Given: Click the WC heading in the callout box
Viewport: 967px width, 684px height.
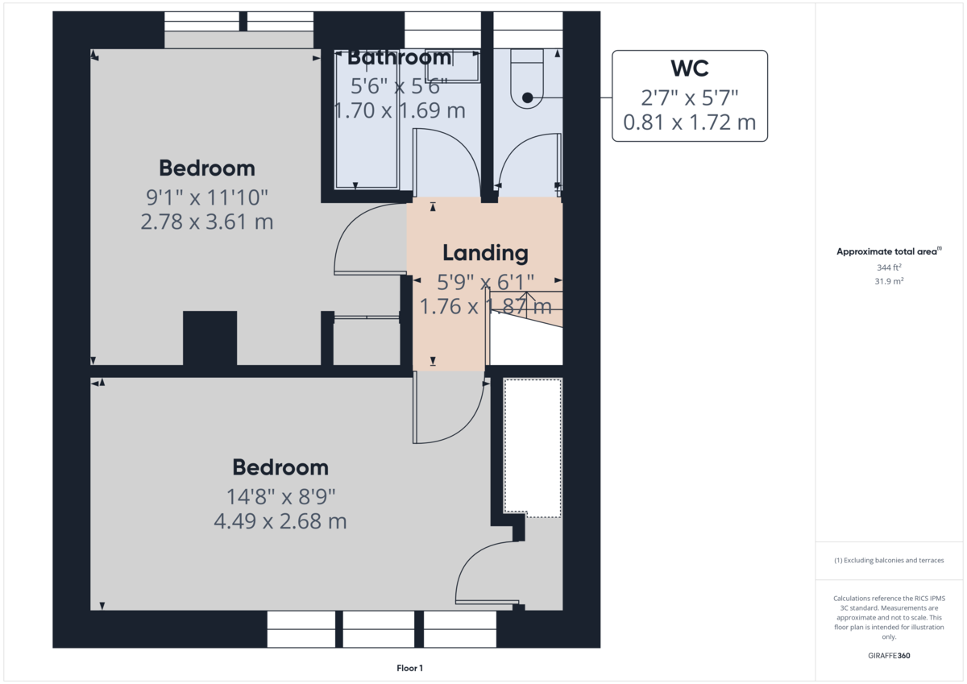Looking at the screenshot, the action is (x=690, y=68).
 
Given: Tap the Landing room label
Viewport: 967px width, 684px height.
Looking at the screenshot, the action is (x=485, y=253).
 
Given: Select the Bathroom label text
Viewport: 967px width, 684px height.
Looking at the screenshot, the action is (x=400, y=57).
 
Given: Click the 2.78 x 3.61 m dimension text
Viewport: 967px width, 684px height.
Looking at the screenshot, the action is (x=207, y=222).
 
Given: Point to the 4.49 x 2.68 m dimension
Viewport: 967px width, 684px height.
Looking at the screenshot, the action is (x=280, y=521).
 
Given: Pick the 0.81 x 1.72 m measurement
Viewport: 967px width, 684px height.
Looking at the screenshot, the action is (x=690, y=122).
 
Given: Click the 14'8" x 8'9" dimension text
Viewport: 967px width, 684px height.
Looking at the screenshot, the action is (x=280, y=497).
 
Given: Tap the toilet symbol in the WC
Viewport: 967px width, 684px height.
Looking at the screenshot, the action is (x=527, y=78).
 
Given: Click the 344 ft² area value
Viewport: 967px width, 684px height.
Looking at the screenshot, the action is (x=889, y=267).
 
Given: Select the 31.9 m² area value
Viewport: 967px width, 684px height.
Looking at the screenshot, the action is (x=889, y=281).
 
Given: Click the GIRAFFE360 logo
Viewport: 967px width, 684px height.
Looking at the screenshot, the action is (x=889, y=656).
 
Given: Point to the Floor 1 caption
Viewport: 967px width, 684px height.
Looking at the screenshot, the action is (x=409, y=668).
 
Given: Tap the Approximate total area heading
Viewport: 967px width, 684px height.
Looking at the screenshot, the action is (x=889, y=251).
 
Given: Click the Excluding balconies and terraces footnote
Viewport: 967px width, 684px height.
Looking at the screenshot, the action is (x=889, y=560).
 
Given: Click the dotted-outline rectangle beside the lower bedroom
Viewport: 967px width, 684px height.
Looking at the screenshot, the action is (x=533, y=448).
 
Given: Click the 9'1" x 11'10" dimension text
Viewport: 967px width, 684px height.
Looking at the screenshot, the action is (x=207, y=197).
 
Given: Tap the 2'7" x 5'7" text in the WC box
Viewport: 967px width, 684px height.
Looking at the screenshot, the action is (x=690, y=98).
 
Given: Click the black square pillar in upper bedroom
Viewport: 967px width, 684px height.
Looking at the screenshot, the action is (x=210, y=338).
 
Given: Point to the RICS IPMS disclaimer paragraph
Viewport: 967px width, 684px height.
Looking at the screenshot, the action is (x=889, y=617).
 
